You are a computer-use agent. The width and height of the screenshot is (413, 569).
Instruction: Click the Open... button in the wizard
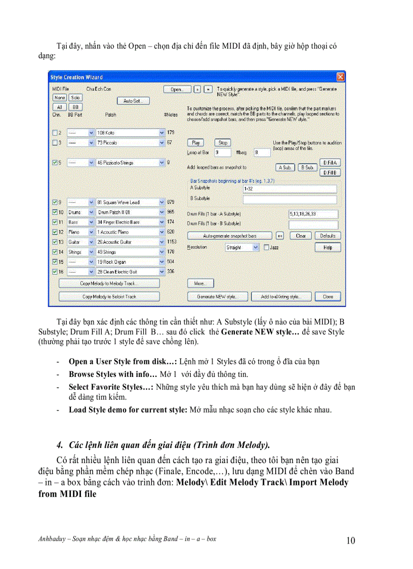177,89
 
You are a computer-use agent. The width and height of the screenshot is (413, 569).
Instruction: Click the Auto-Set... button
133,101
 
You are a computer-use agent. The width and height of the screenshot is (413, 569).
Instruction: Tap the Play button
195,143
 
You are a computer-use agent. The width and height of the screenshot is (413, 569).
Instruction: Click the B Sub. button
307,167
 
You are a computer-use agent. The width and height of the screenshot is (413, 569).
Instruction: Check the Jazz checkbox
266,247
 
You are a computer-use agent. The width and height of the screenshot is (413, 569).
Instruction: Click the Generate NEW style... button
218,296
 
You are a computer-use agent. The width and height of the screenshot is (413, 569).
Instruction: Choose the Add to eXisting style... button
281,296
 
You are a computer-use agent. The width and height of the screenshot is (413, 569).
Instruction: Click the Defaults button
327,236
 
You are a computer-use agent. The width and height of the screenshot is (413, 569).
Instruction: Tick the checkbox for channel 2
55,133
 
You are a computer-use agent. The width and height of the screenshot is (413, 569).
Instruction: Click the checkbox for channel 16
55,272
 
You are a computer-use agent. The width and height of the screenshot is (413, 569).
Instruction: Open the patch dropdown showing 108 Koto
162,133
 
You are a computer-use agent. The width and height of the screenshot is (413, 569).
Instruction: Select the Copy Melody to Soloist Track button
109,296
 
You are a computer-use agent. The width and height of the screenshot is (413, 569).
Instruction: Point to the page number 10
350,541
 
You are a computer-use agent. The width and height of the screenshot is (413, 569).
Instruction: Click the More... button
200,283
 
